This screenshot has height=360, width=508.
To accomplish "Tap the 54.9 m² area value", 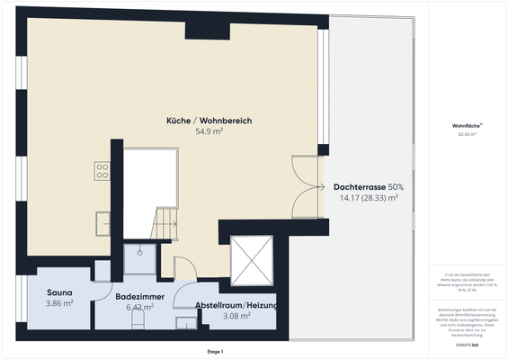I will pyautogui.click(x=209, y=131).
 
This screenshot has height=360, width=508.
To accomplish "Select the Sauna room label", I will pyautogui.click(x=59, y=293).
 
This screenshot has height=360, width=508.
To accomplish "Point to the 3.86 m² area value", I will pyautogui.click(x=59, y=304).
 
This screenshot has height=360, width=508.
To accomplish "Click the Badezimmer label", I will pyautogui.click(x=139, y=295).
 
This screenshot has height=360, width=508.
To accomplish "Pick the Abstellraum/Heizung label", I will pyautogui.click(x=236, y=305).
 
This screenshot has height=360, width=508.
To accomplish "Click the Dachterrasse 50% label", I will pyautogui.click(x=368, y=187).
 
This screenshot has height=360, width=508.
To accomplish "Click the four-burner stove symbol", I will pyautogui.click(x=102, y=171).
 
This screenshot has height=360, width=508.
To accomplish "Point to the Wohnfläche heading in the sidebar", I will pyautogui.click(x=467, y=125).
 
